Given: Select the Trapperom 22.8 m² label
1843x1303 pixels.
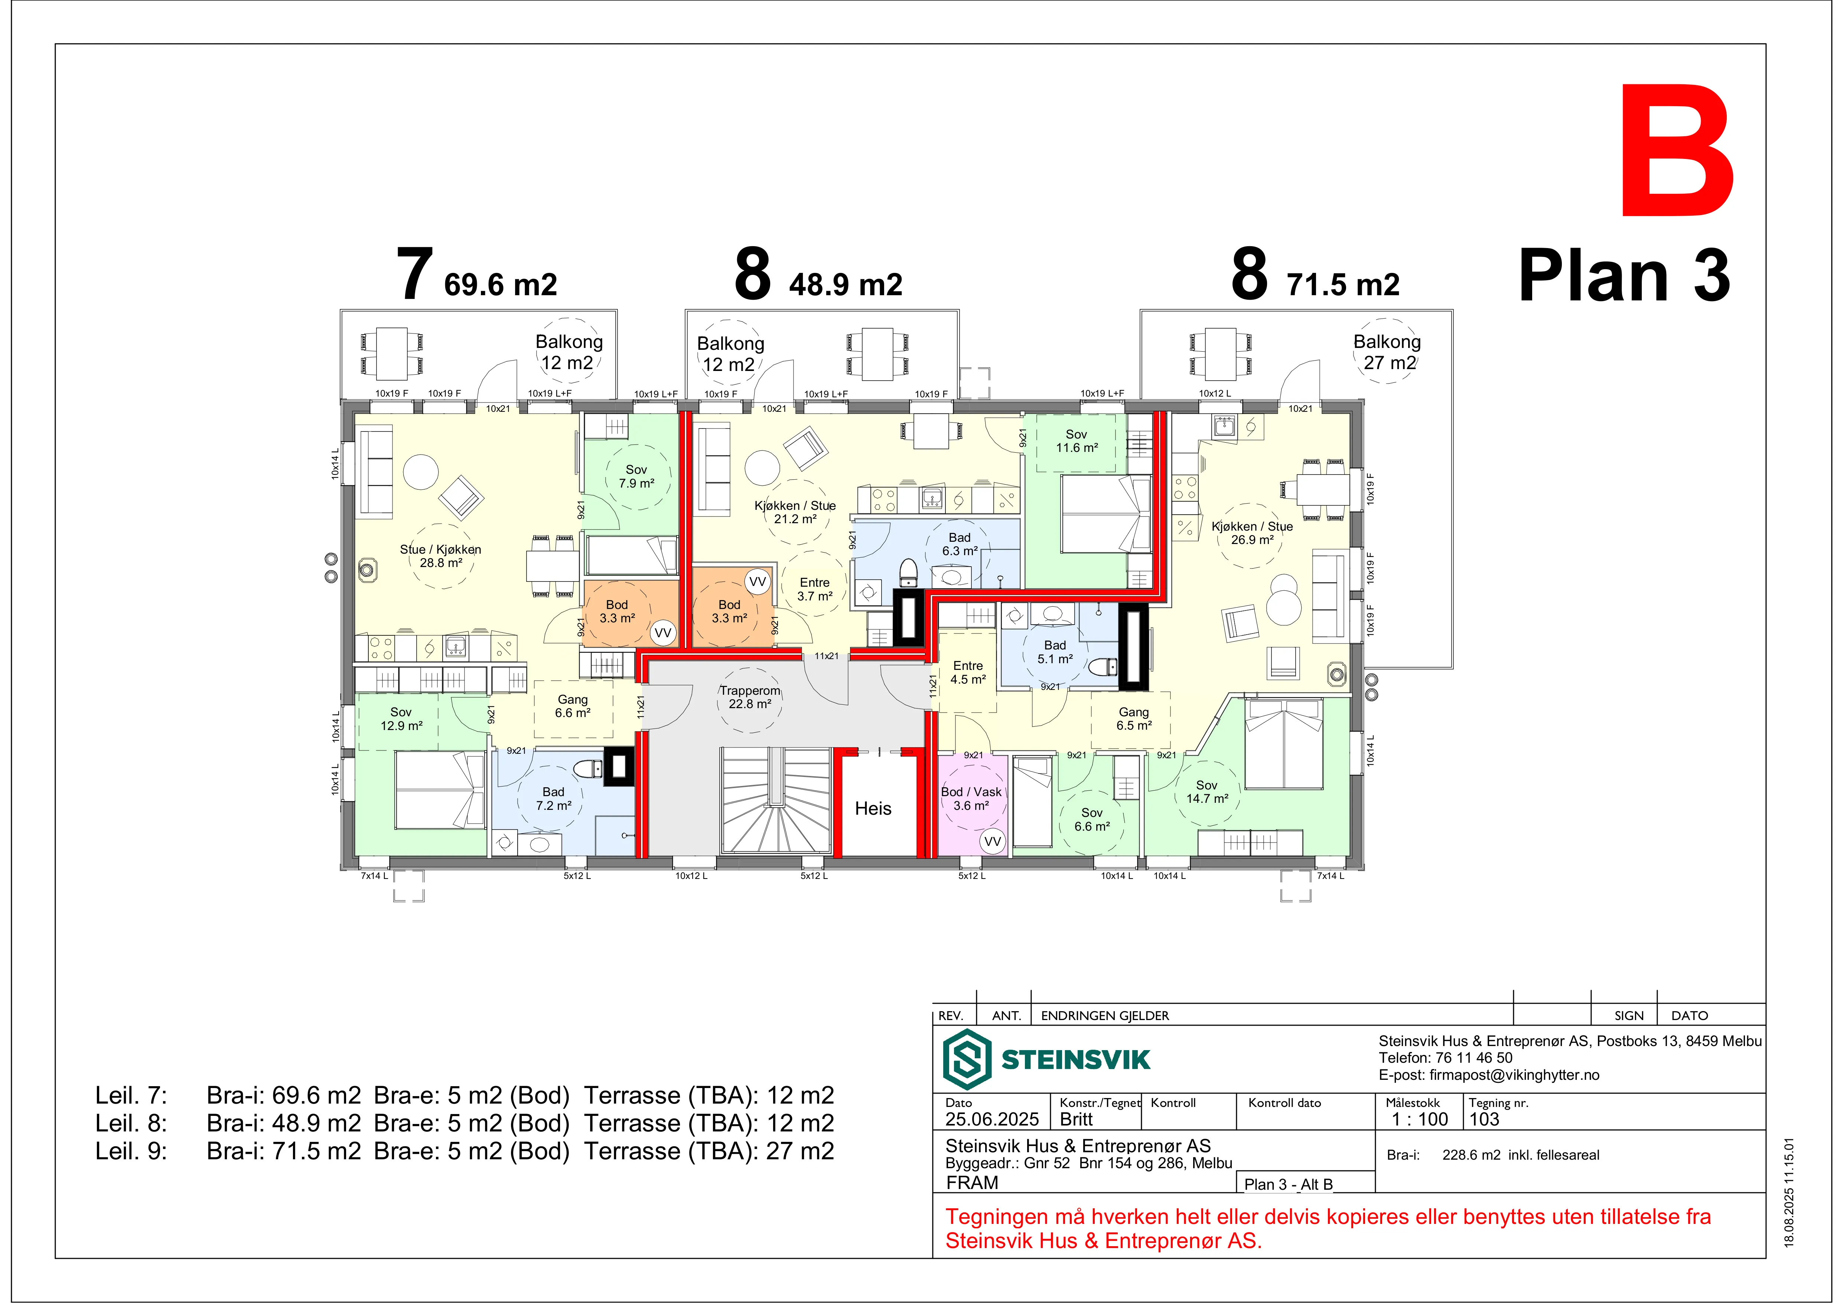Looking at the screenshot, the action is pos(750,697).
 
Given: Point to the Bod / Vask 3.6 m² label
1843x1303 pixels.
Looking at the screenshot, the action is pos(971,799).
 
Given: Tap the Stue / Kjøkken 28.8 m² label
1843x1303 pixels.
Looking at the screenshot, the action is pos(441,556).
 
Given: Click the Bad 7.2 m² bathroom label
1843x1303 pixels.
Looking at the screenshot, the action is pos(554,799).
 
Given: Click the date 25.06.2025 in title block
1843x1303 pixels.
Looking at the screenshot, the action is pos(992,1119).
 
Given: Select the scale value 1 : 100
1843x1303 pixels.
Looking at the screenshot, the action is pos(1420,1119).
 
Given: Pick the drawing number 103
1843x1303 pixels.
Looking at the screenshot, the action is pos(1484,1119).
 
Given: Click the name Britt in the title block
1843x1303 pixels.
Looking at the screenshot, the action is pos(1077,1119).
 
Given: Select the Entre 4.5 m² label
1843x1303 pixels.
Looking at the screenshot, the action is pos(968,672).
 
